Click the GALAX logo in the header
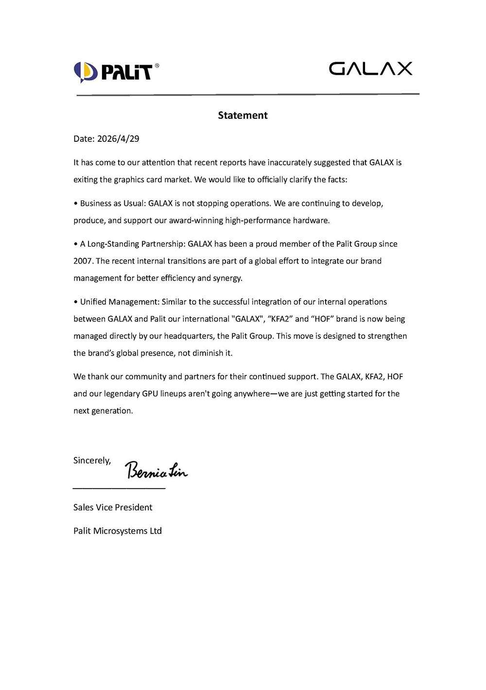pyautogui.click(x=370, y=68)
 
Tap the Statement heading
pyautogui.click(x=243, y=115)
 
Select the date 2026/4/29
pyautogui.click(x=118, y=138)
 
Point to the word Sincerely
pyautogui.click(x=92, y=460)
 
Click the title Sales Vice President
pyautogui.click(x=113, y=507)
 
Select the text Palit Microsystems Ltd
pyautogui.click(x=117, y=530)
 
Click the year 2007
pyautogui.click(x=83, y=261)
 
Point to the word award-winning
pyautogui.click(x=196, y=220)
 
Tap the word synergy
pyautogui.click(x=227, y=278)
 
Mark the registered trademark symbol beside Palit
pyautogui.click(x=156, y=65)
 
